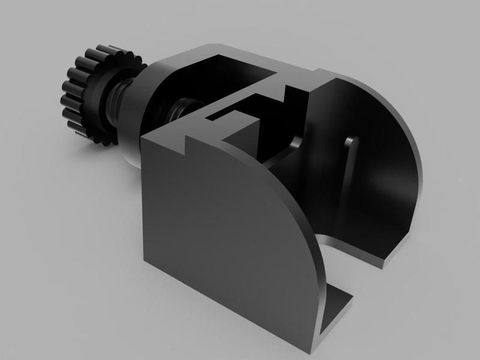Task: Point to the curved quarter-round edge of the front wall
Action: tap(300, 210)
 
